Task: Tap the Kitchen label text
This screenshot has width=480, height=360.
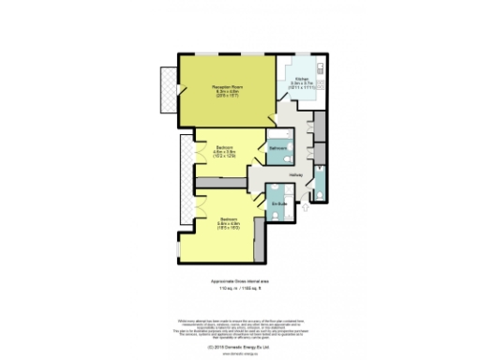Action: tap(301, 79)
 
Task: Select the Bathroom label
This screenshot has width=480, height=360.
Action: tap(278, 149)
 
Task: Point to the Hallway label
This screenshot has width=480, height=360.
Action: tap(294, 174)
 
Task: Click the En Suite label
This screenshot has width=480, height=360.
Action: tap(278, 203)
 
